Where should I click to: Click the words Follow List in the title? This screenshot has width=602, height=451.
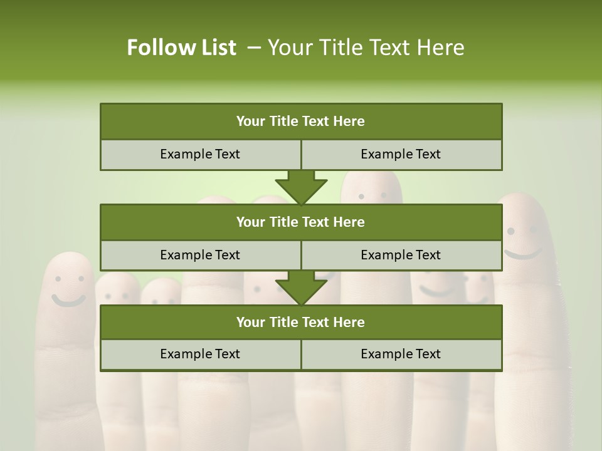point(182,48)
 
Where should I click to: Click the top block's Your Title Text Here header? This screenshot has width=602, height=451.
point(300,122)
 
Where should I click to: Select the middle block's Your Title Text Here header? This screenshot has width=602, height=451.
point(300,222)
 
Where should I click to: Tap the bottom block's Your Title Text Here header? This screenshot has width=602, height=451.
point(300,322)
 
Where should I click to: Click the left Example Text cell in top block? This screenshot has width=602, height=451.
point(200,154)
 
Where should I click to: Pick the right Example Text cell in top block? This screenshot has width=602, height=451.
point(401,154)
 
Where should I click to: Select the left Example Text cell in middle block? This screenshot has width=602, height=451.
point(200,255)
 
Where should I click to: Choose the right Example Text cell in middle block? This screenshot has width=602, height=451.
point(401,255)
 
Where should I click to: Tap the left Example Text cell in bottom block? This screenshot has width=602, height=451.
point(200,354)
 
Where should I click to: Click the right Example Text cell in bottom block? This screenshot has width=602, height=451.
point(401,354)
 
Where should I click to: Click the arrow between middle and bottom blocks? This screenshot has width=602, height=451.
point(301,288)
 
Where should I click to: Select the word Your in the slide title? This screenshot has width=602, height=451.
point(287,48)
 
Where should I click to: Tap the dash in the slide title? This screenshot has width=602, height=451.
point(254,48)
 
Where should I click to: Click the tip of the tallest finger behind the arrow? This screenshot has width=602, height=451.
point(371,177)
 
